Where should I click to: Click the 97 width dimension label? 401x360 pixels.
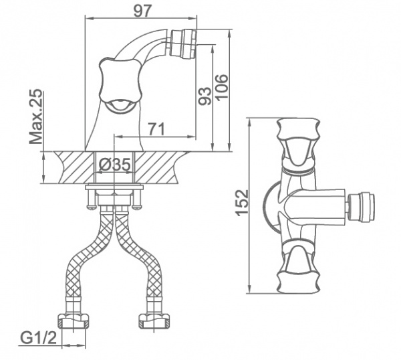(x=143, y=11)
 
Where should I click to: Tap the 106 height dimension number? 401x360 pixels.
(x=221, y=86)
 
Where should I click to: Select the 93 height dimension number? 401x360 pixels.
(x=205, y=96)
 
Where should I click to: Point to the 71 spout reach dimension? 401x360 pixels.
(x=156, y=129)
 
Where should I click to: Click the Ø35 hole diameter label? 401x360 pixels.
(x=114, y=165)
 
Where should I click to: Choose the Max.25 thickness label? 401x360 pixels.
(x=35, y=116)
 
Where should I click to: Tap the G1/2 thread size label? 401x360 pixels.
(x=38, y=338)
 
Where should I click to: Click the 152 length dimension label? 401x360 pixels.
(x=242, y=203)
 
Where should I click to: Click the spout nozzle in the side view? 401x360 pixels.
(x=182, y=43)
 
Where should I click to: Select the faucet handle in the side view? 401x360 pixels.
(x=120, y=84)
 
